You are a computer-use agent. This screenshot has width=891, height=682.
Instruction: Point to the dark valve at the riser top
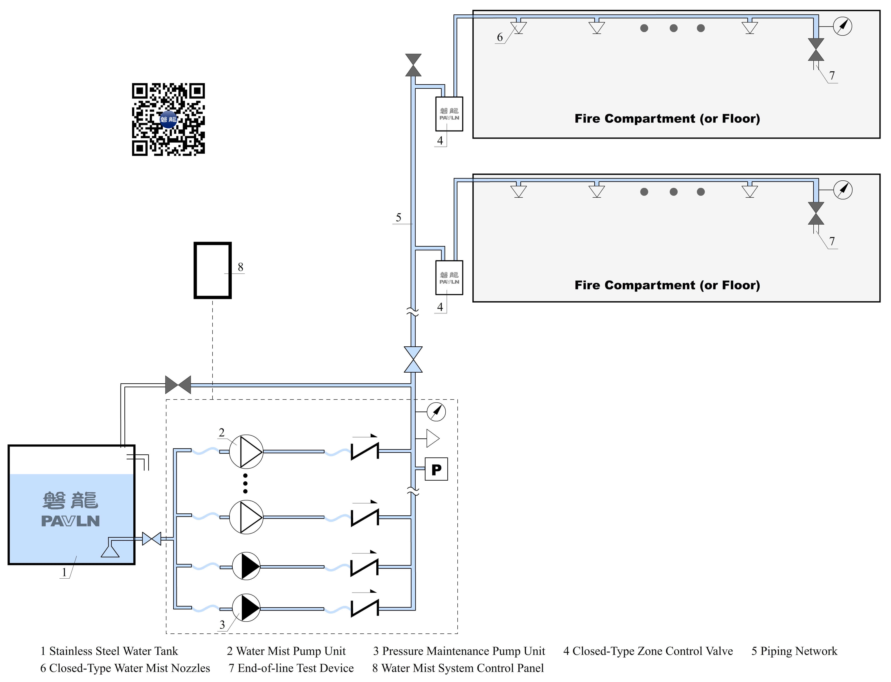(x=413, y=65)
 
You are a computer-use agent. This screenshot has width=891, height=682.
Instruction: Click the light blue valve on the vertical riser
(x=413, y=359)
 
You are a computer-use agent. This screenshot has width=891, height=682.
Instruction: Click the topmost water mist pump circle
(x=246, y=451)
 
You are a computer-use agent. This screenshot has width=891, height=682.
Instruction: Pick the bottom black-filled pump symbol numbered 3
(x=246, y=608)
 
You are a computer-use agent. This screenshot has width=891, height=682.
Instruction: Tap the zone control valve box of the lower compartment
(x=449, y=278)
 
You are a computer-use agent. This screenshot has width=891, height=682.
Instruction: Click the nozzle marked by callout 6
(x=518, y=28)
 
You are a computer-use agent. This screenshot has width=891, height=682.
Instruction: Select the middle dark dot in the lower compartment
(x=673, y=192)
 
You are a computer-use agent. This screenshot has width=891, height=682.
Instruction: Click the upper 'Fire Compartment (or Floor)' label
(x=667, y=119)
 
